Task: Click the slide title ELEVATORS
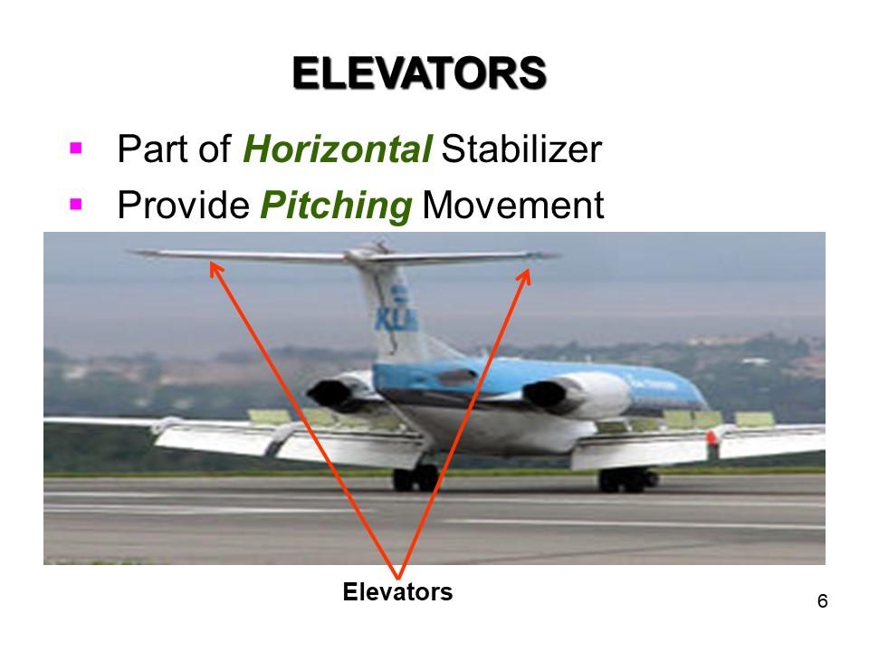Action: coord(419,74)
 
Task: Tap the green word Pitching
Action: coord(336,206)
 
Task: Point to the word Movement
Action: coord(513,206)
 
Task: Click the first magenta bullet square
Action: coord(76,147)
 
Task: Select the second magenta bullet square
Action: coord(76,204)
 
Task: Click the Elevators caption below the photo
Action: coord(397,592)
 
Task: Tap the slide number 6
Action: coord(822,602)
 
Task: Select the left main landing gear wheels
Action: coord(415,478)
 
